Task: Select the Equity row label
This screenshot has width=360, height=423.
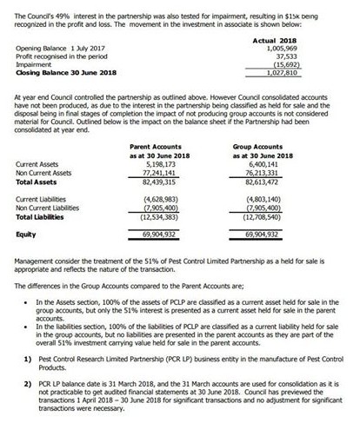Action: pyautogui.click(x=26, y=235)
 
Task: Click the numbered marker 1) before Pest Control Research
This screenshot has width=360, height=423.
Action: pyautogui.click(x=28, y=359)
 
